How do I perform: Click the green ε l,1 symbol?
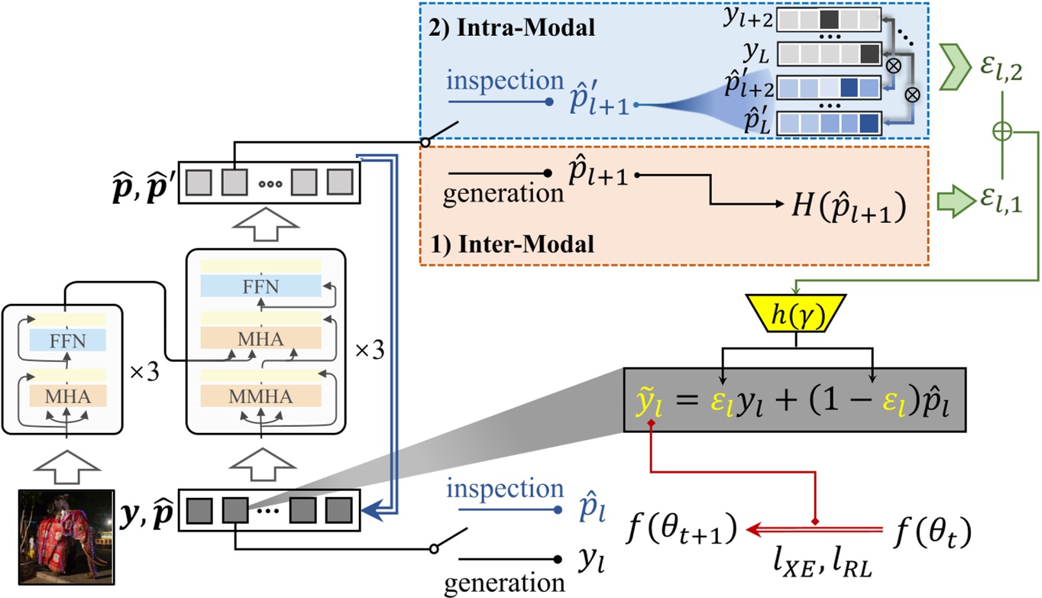(1004, 198)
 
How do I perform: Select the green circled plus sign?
(1002, 131)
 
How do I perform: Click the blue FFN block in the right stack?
(261, 286)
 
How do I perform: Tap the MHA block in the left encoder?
(66, 397)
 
